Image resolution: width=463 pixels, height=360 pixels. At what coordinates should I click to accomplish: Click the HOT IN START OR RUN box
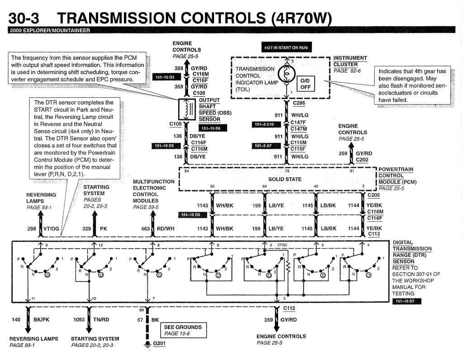pos(286,47)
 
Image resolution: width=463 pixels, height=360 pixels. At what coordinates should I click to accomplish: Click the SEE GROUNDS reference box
pos(182,330)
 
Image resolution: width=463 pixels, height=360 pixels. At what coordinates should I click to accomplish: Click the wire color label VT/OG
pos(51,229)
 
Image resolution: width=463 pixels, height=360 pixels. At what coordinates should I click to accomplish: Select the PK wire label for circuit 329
pos(104,229)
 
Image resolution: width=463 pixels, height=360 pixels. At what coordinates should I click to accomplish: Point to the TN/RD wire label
pos(102,320)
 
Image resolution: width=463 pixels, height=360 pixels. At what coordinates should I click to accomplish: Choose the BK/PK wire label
pos(41,320)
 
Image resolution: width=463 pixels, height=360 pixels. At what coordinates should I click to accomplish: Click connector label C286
pos(299,103)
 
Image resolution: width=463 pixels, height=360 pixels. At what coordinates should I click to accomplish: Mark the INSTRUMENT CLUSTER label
pos(350,61)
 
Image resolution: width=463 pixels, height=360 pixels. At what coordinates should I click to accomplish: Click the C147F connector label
pos(299,122)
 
